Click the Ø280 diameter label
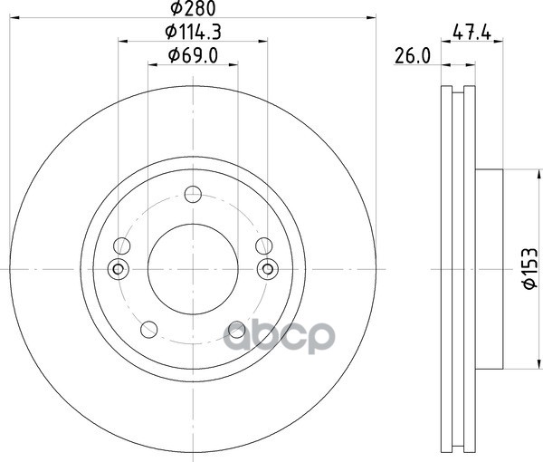[x=193, y=8]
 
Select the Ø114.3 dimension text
[x=193, y=33]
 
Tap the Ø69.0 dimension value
[x=193, y=55]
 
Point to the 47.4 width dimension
[x=472, y=34]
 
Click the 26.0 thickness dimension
[x=413, y=56]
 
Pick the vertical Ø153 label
[x=529, y=268]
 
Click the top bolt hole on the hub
[x=193, y=194]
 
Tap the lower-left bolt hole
[x=149, y=329]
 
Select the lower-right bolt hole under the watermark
[x=237, y=329]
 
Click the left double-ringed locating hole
[x=118, y=269]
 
